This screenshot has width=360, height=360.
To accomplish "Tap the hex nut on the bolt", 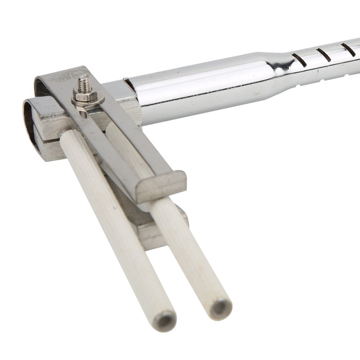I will click(x=85, y=96).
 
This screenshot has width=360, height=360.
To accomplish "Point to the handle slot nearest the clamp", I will click(x=299, y=60).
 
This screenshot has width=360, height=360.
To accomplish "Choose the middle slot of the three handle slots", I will click(x=324, y=54).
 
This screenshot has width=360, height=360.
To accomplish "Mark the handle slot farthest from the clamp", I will click(x=348, y=49).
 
